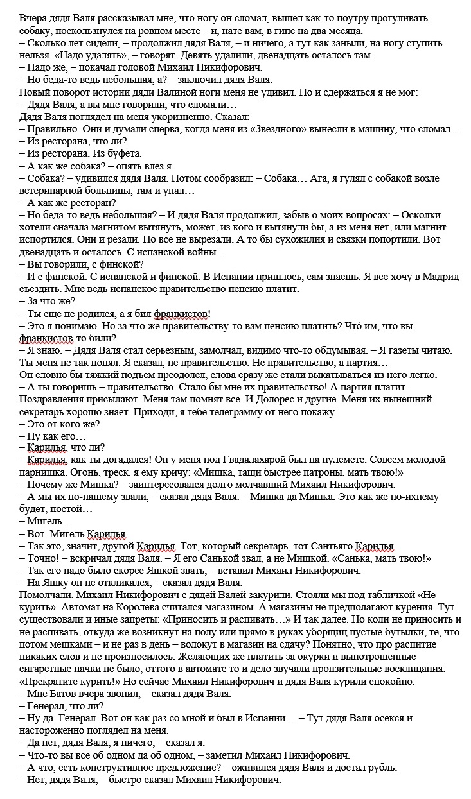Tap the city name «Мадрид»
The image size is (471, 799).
click(439, 277)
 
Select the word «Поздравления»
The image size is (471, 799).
click(56, 399)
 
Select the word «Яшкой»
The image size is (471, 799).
click(175, 571)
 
